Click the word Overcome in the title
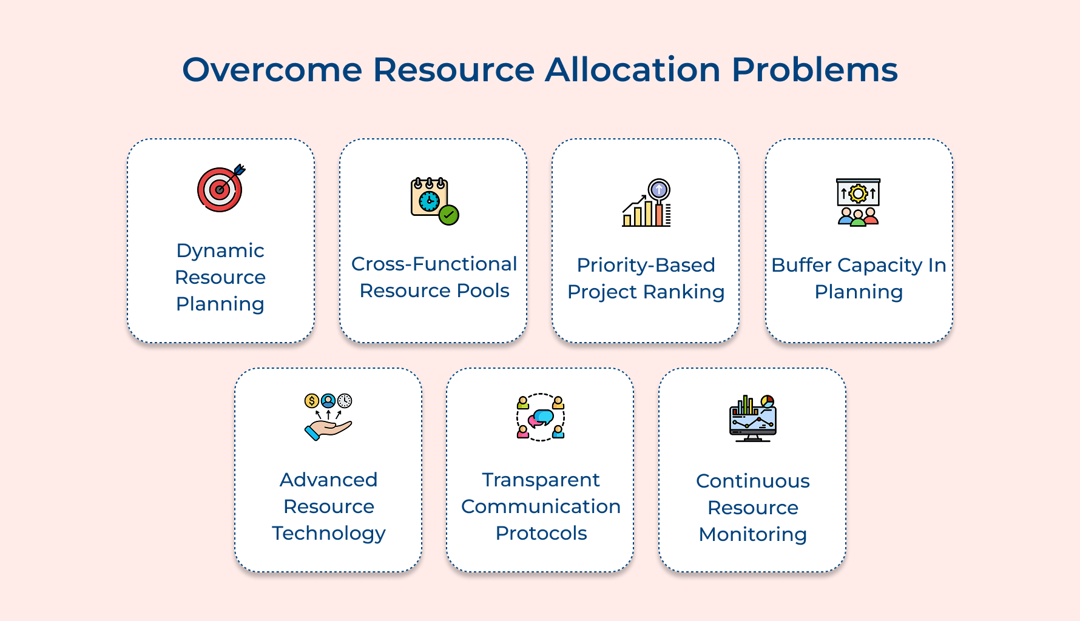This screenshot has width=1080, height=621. (272, 70)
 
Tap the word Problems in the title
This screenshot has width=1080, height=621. (814, 70)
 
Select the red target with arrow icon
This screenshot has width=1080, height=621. (220, 189)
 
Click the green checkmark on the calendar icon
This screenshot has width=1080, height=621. (449, 215)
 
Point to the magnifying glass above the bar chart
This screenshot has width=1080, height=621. (659, 189)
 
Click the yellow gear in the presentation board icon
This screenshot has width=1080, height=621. (858, 193)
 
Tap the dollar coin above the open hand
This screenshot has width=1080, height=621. (311, 401)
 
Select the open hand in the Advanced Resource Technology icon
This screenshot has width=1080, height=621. (328, 429)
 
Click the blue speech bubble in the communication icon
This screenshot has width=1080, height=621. (544, 416)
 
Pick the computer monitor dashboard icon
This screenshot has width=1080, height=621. (752, 420)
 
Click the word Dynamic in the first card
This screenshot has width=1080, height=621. (220, 250)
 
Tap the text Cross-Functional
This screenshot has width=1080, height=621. (434, 264)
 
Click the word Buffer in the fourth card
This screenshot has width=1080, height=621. (801, 265)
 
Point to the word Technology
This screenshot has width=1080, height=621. (328, 534)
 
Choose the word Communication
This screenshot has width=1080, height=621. (541, 506)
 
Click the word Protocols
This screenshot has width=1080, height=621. (541, 533)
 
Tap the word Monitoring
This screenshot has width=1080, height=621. (752, 534)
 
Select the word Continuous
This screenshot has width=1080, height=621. (752, 481)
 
